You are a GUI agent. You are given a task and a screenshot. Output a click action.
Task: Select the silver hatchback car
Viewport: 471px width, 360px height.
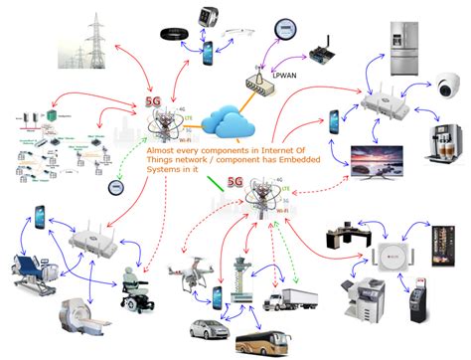click(x=201, y=329)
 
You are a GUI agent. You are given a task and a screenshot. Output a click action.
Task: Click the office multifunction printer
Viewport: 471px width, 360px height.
click(x=359, y=295)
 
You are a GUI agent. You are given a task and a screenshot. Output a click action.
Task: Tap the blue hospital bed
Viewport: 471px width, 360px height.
click(x=36, y=270)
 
